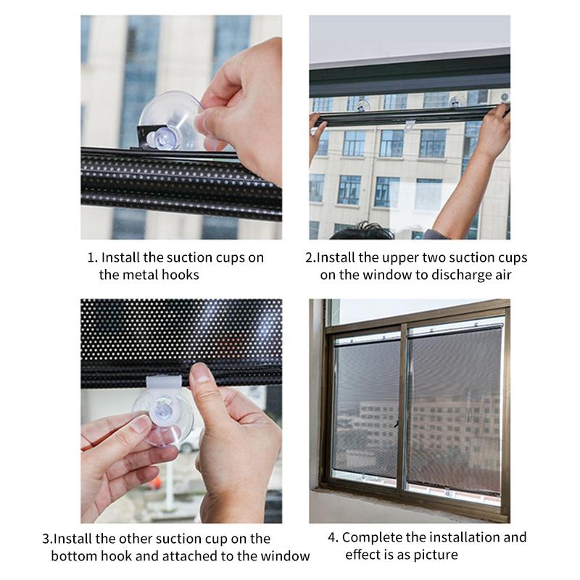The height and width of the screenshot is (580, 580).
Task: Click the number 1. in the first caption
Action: (92, 257)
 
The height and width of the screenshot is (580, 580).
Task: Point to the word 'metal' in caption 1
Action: (136, 275)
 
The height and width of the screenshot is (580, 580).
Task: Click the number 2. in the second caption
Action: (310, 257)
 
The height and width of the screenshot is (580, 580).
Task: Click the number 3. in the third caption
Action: (46, 539)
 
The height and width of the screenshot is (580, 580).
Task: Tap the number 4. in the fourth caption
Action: (333, 537)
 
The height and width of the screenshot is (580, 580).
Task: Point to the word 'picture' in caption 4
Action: (436, 555)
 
